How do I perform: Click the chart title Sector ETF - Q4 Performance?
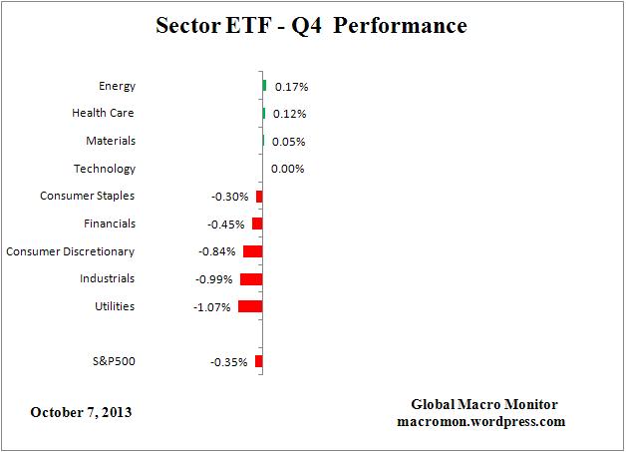[x=311, y=25]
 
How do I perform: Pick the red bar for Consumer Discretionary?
[x=252, y=251]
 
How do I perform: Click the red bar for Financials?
[x=256, y=224]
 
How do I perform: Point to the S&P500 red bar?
[x=258, y=361]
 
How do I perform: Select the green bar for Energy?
[x=264, y=86]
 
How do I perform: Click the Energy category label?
[x=117, y=87]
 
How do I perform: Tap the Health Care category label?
[x=103, y=114]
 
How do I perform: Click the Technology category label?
[x=105, y=170]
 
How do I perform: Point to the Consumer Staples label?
[x=87, y=197]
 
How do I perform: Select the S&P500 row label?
[x=112, y=361]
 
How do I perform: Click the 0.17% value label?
[x=290, y=88]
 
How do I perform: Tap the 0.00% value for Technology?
[x=287, y=170]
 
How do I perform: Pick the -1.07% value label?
[x=212, y=307]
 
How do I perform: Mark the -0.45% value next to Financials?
[x=228, y=225]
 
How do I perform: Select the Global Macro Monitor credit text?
[x=484, y=404]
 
